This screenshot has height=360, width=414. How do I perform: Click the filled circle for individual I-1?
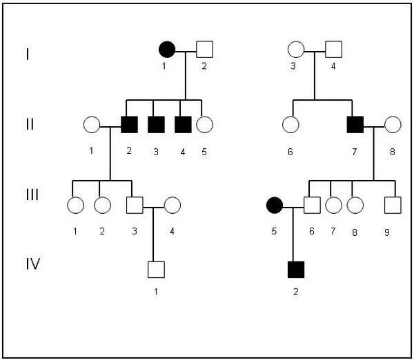(167, 50)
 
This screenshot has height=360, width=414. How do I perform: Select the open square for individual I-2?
(204, 50)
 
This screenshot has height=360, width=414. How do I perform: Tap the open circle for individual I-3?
(295, 50)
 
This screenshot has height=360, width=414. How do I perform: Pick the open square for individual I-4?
(333, 50)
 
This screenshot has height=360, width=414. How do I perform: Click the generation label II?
(28, 125)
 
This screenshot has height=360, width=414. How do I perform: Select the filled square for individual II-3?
(157, 125)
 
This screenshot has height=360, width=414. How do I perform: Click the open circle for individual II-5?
(204, 125)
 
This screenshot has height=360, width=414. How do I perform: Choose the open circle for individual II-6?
(290, 125)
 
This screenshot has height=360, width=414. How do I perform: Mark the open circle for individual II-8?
(393, 125)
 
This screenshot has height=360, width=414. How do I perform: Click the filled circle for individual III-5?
(275, 204)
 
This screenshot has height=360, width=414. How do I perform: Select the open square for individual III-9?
(393, 204)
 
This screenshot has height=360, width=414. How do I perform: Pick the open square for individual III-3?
(135, 204)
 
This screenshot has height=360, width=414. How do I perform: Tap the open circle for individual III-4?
(172, 204)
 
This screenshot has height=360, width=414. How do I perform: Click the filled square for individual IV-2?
(295, 269)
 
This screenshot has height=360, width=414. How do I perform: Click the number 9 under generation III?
(387, 232)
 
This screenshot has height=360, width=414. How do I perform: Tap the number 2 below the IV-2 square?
(295, 291)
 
